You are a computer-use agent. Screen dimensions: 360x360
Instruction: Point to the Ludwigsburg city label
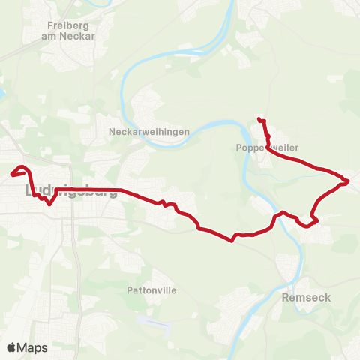pos(71,190)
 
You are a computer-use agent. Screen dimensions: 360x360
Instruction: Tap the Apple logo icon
pos(11,347)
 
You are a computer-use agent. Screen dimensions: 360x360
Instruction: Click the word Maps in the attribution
pos(32,347)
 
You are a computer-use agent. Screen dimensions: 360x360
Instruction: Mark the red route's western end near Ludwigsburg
pos(12,175)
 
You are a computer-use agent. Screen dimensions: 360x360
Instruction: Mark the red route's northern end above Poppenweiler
pos(258,118)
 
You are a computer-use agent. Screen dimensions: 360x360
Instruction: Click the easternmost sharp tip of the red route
pos(349,181)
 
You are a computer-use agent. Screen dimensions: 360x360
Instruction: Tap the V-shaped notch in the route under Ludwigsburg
pos(49,203)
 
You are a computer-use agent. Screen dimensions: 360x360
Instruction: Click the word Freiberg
pos(63,24)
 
